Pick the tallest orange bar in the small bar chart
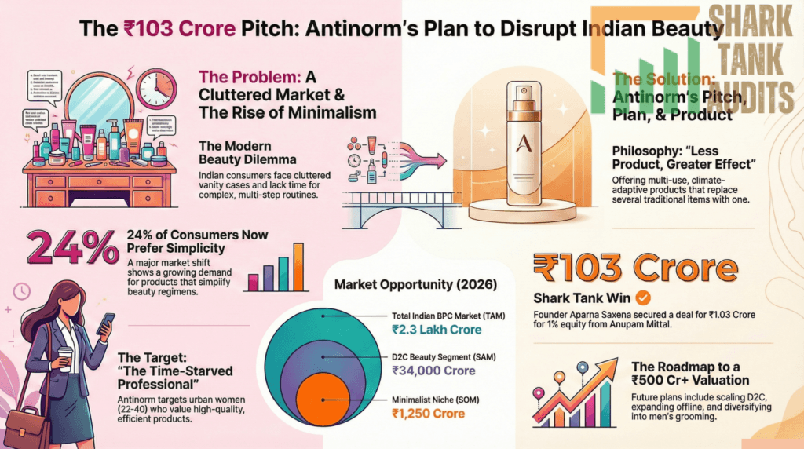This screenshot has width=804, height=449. click(298, 267)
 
